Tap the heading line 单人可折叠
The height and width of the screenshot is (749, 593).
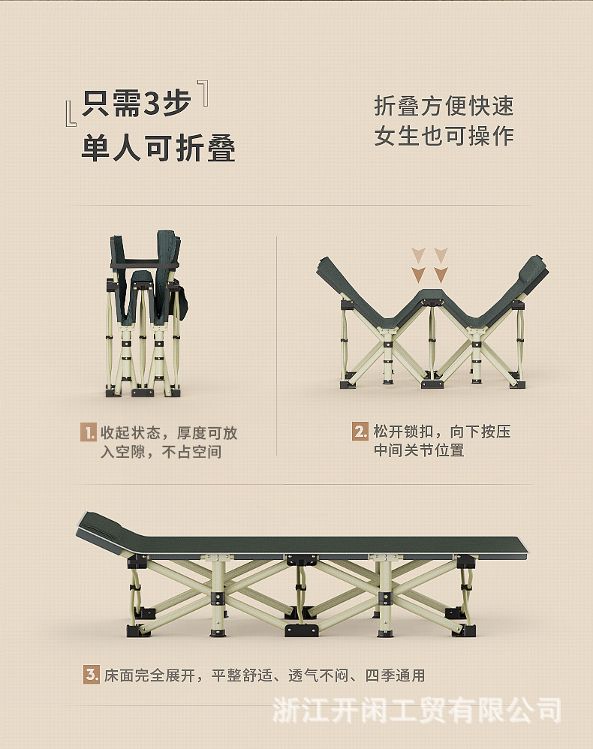[158, 149]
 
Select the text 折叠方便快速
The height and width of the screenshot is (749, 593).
[444, 106]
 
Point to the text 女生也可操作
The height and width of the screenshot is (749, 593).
[444, 136]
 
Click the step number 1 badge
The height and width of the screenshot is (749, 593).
[89, 432]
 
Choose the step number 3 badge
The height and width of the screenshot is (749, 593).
[91, 675]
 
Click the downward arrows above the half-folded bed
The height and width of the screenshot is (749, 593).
[430, 265]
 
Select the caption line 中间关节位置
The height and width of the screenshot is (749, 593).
[419, 450]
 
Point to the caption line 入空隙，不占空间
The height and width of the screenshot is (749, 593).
[161, 452]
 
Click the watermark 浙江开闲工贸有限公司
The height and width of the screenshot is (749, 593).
[416, 708]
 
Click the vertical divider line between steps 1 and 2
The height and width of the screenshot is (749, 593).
[277, 345]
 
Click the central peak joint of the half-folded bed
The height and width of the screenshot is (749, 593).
[431, 296]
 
